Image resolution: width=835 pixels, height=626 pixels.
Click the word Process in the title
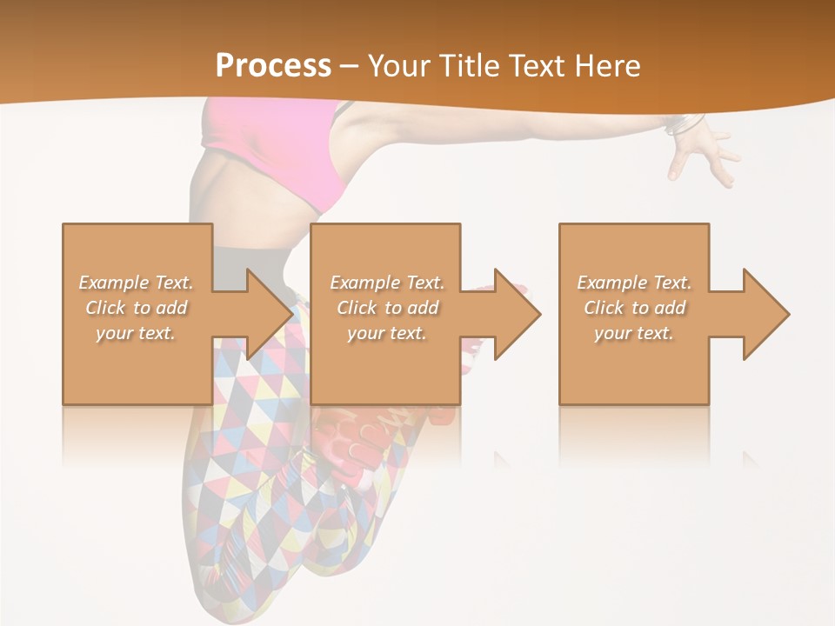click(273, 66)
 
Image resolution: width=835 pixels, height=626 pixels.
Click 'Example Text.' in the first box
click(136, 283)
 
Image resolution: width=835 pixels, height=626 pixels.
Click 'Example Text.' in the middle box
click(387, 283)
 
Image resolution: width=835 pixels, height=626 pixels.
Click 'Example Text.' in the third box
click(634, 283)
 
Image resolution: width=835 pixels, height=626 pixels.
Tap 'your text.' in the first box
click(136, 333)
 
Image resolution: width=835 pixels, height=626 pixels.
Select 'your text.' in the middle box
click(387, 333)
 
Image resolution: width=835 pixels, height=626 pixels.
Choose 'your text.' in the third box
click(634, 333)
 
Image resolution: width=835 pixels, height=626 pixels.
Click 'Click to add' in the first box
click(136, 308)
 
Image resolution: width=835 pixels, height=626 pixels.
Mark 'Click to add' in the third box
click(634, 308)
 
